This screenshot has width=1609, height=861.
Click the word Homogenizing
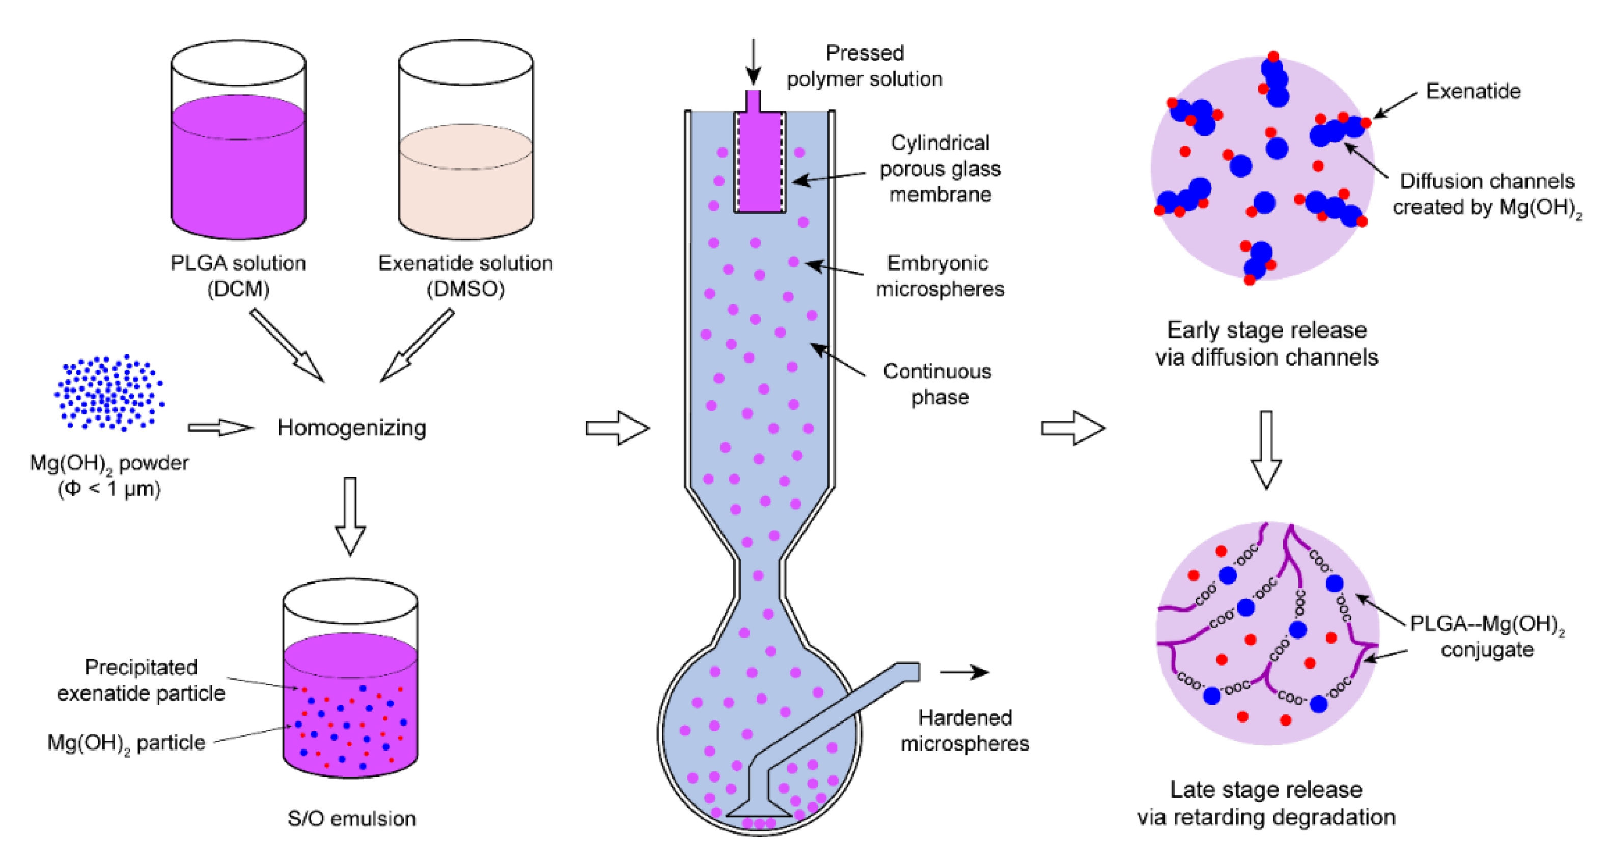point(352,428)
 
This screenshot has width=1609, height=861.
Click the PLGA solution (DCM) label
point(238,275)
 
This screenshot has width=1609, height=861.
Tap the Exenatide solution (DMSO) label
point(465,275)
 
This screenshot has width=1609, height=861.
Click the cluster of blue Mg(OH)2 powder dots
point(109,393)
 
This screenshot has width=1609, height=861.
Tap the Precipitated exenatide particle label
point(141,680)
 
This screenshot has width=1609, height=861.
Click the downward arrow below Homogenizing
point(350,515)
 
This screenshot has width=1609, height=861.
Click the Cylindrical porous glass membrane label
point(939,169)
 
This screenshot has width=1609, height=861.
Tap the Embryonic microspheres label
point(939,275)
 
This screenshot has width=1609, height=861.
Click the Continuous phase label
point(937,383)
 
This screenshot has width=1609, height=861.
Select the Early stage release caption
point(1266,343)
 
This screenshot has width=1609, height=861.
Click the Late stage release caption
point(1266,803)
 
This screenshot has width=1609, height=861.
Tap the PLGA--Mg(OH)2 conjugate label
point(1487,636)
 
